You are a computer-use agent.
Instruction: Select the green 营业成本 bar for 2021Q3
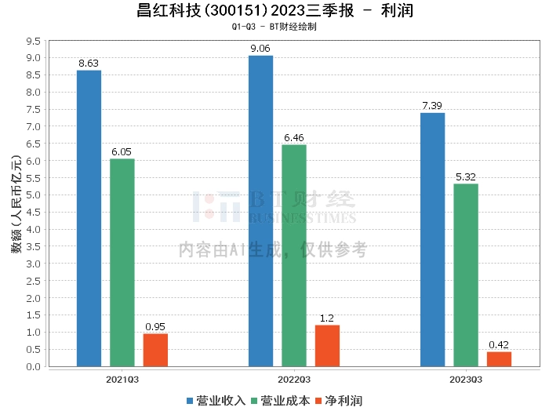pos(122,263)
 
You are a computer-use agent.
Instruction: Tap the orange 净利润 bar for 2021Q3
pos(155,350)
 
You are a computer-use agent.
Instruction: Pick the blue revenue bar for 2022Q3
pos(260,211)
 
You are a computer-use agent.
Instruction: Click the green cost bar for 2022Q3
pos(294,256)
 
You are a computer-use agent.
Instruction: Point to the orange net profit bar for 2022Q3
pos(327,346)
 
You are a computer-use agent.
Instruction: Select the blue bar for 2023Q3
pos(432,239)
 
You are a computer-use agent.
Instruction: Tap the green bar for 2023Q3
pos(466,275)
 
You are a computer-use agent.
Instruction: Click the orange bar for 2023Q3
pos(499,359)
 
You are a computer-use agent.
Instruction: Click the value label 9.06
pos(260,49)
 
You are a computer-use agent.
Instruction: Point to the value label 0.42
pos(499,345)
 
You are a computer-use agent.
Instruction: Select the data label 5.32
pos(466,177)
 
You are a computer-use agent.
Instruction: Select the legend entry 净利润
pos(338,401)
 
